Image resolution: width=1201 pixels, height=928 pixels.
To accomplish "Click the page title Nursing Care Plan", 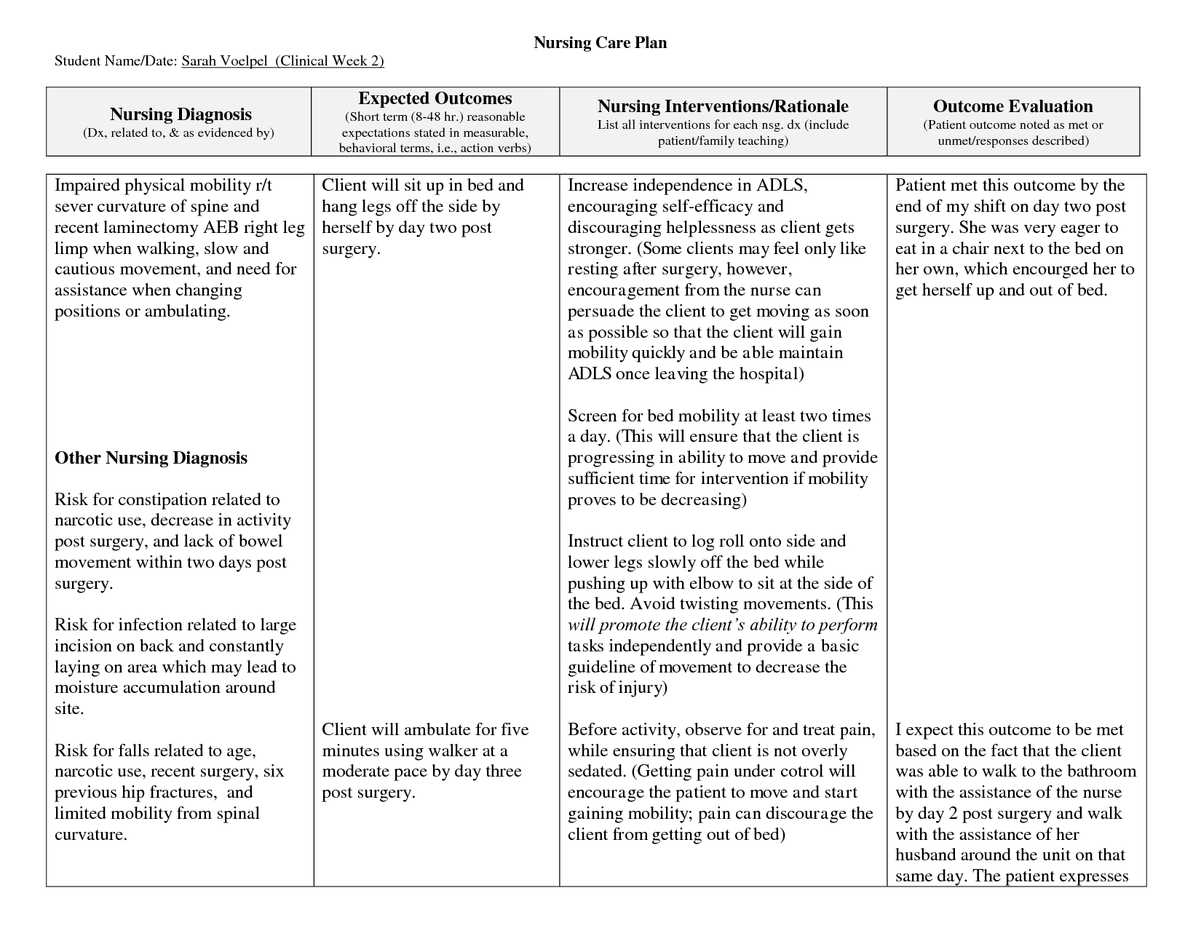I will [x=600, y=43].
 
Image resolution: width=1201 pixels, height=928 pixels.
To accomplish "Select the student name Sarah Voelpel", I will [x=216, y=61].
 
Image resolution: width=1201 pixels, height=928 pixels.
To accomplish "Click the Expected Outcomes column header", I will [x=435, y=99].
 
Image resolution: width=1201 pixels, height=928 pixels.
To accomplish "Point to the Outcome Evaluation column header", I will [x=1012, y=107].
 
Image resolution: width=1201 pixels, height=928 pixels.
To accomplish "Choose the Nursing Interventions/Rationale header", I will [x=723, y=107].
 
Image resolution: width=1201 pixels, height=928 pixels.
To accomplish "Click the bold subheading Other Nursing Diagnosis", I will [x=151, y=458].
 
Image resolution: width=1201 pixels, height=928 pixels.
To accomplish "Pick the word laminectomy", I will [x=153, y=227].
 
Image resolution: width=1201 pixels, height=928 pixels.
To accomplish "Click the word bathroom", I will [x=1097, y=772].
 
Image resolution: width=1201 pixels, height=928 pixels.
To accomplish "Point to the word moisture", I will [x=85, y=688].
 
